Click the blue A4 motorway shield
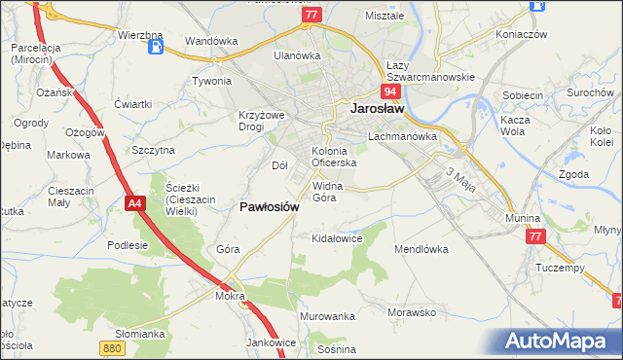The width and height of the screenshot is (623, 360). click(x=135, y=202)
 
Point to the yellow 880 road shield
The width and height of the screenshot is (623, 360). click(x=112, y=345)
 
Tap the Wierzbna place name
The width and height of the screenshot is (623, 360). click(x=138, y=35)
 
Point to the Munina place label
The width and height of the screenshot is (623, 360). click(x=523, y=219)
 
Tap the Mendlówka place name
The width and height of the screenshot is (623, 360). click(x=421, y=249)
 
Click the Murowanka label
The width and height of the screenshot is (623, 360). click(x=328, y=317)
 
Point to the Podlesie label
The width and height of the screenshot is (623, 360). click(x=128, y=245)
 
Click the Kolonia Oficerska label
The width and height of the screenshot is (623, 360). click(x=334, y=157)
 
